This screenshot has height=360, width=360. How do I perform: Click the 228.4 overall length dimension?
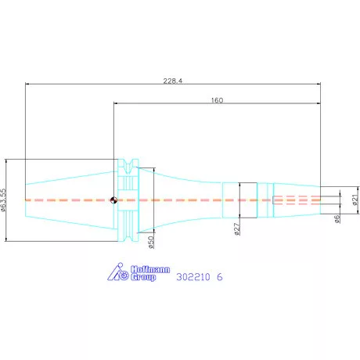point(173,81)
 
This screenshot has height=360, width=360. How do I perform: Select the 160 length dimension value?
point(217,100)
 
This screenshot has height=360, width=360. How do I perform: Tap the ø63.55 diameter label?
point(3,200)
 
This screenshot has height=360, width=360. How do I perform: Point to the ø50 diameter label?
point(151,243)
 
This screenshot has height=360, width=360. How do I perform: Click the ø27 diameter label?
point(237,229)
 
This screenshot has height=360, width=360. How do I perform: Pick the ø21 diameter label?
point(355,200)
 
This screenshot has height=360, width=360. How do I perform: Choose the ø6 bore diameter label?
point(337,218)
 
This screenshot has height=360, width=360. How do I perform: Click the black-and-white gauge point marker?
point(113,200)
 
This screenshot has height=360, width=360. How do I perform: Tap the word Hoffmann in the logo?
point(150,269)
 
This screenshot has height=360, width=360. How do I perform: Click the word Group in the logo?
point(143,277)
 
